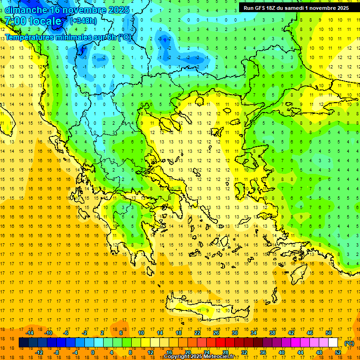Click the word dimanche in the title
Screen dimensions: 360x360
click(x=26, y=10)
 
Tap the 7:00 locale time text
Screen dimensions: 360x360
click(x=33, y=21)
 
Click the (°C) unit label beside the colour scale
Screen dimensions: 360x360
click(x=349, y=343)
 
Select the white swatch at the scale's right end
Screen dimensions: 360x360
click(x=333, y=343)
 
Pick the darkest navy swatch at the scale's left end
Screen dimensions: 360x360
click(x=23, y=343)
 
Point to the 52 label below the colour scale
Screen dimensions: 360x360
click(x=338, y=352)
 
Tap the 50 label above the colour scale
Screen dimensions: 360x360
click(x=328, y=333)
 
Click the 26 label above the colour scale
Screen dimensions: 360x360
click(x=216, y=333)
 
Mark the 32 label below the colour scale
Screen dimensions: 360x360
click(x=244, y=352)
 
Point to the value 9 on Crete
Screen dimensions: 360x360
click(x=207, y=310)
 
